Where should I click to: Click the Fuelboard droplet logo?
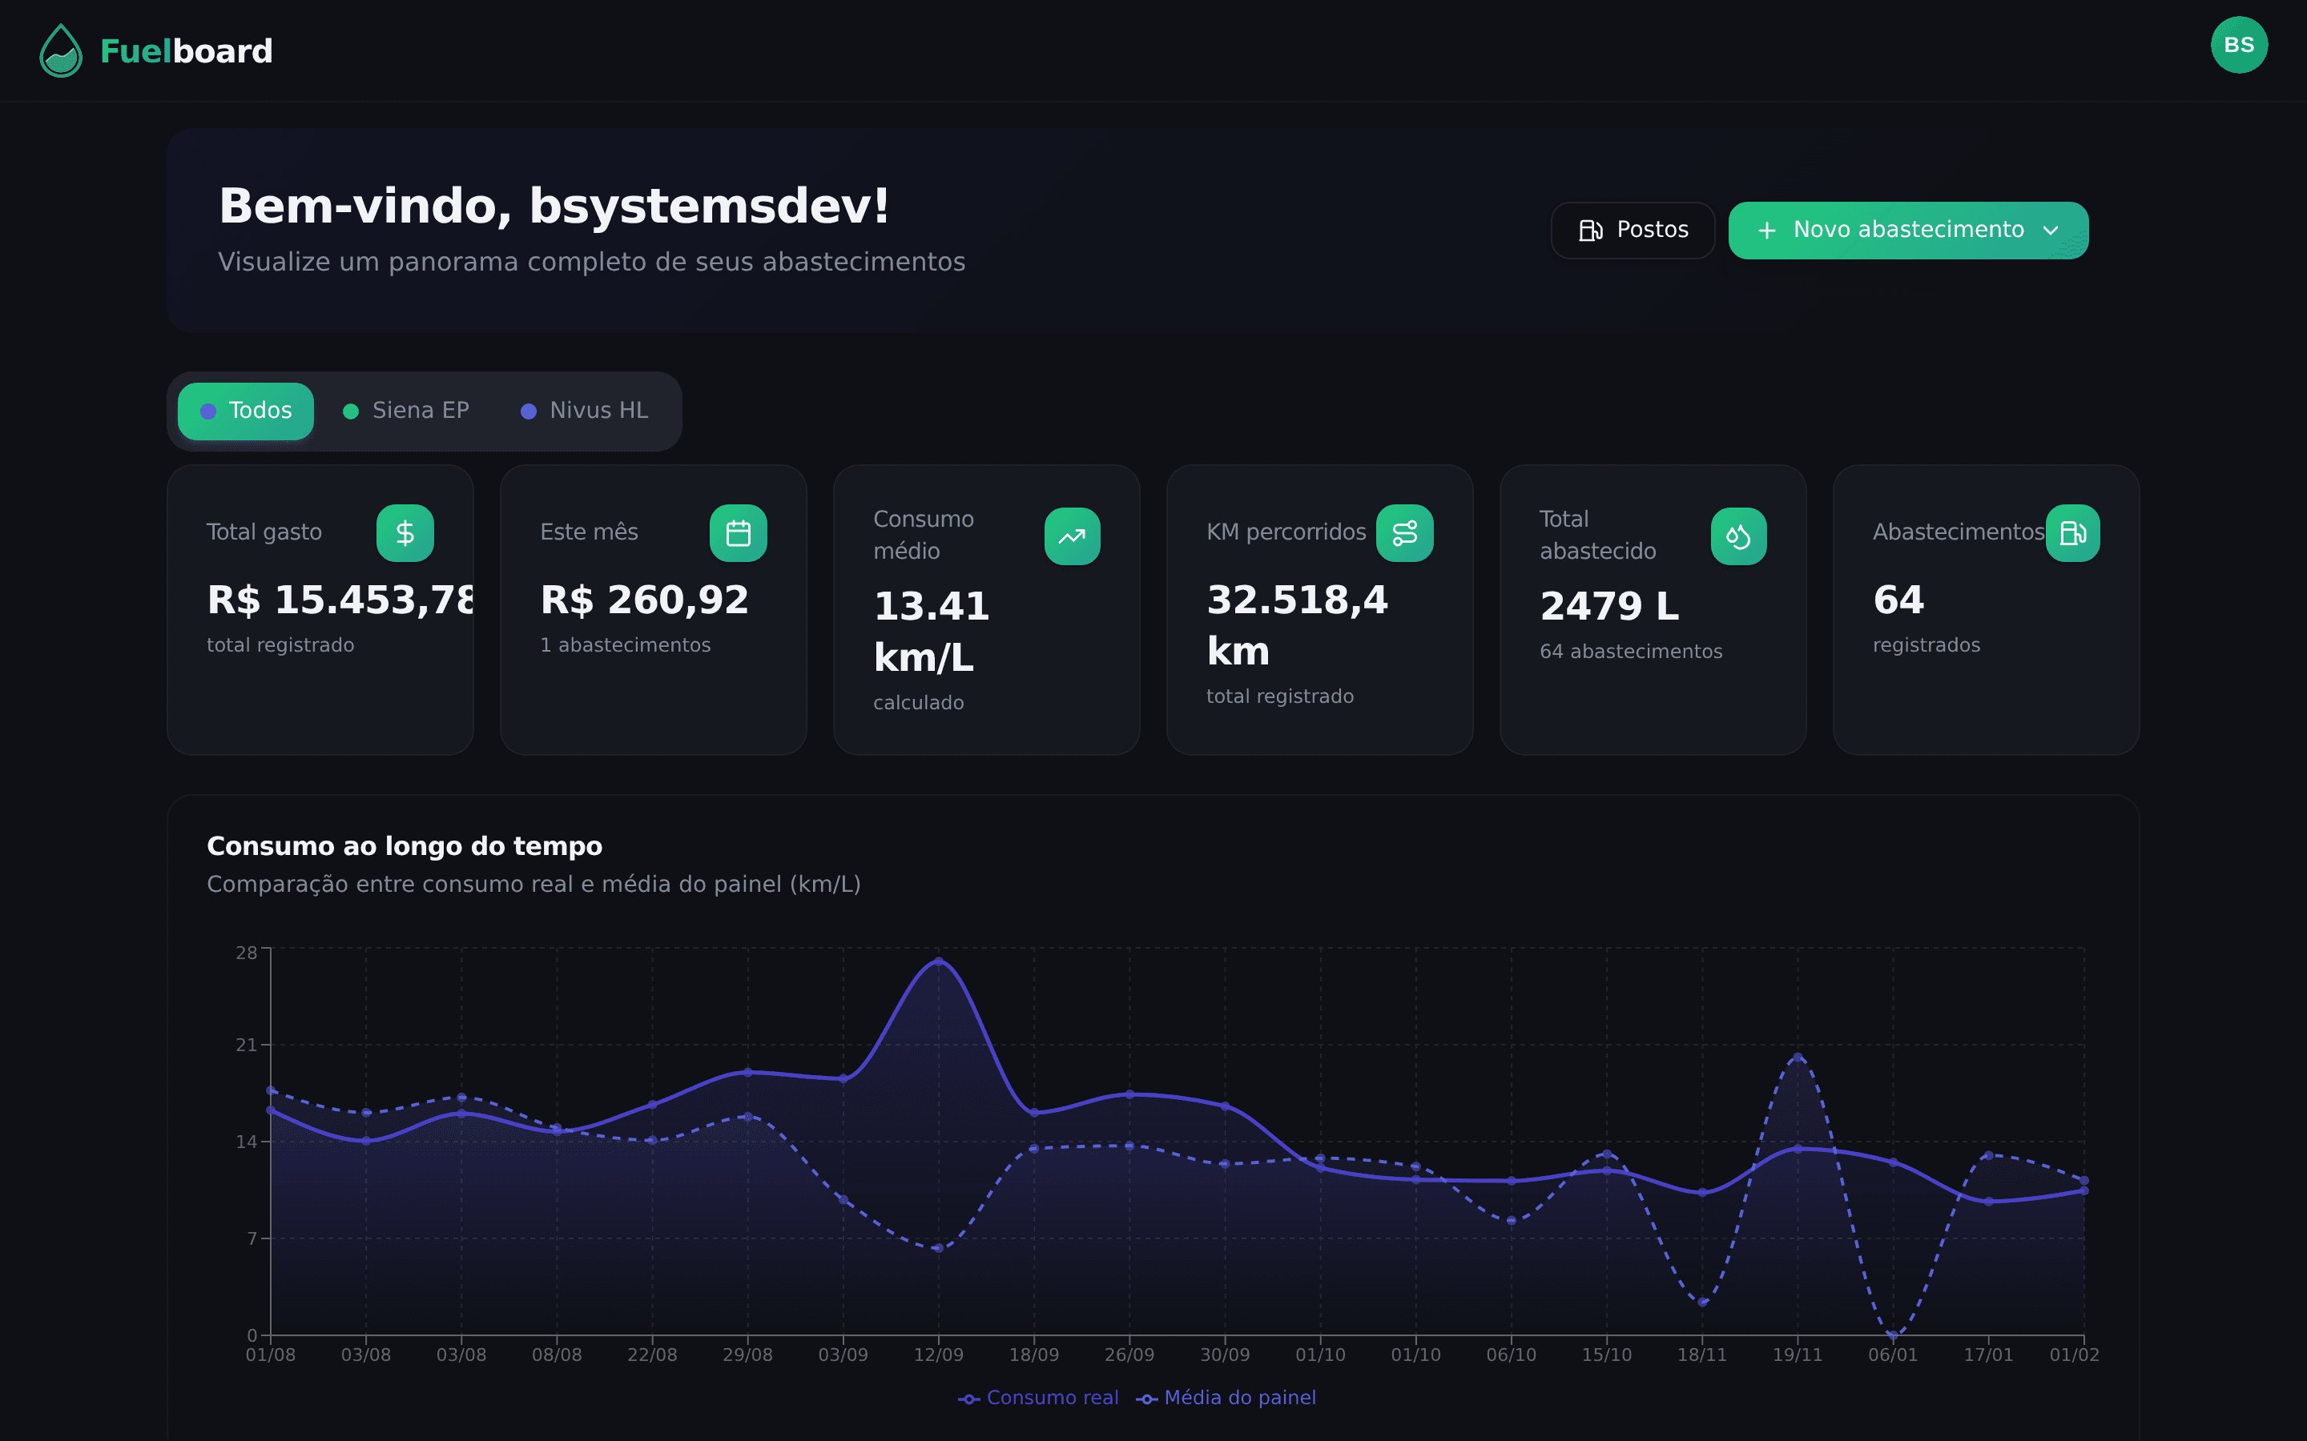click(x=61, y=50)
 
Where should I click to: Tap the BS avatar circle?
click(x=2238, y=45)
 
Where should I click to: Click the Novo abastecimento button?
click(x=1907, y=230)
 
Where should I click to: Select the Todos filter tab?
click(x=246, y=411)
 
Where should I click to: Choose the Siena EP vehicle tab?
click(x=406, y=411)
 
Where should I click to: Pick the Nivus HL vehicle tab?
click(x=585, y=411)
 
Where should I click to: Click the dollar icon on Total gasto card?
click(x=405, y=532)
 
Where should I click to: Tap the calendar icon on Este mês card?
click(x=738, y=532)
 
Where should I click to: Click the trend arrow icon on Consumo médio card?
click(x=1072, y=536)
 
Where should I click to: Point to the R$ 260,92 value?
click(x=644, y=600)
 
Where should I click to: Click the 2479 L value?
click(x=1609, y=607)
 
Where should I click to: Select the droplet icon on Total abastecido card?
click(x=1738, y=536)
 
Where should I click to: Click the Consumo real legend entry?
click(x=1038, y=1398)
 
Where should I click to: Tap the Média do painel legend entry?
click(x=1227, y=1398)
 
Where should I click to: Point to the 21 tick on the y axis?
click(x=246, y=1046)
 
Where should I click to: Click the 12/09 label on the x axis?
click(x=938, y=1355)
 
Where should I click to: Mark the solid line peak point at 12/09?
click(x=938, y=961)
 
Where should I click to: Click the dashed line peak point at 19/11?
click(x=1798, y=1057)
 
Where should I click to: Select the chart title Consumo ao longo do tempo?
click(x=405, y=846)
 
